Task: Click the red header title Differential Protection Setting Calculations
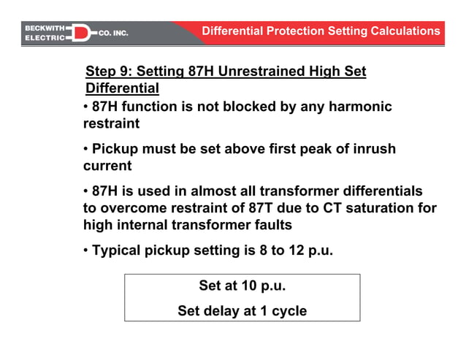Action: point(321,31)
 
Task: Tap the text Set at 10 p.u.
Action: point(242,286)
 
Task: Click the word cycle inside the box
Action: point(286,310)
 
